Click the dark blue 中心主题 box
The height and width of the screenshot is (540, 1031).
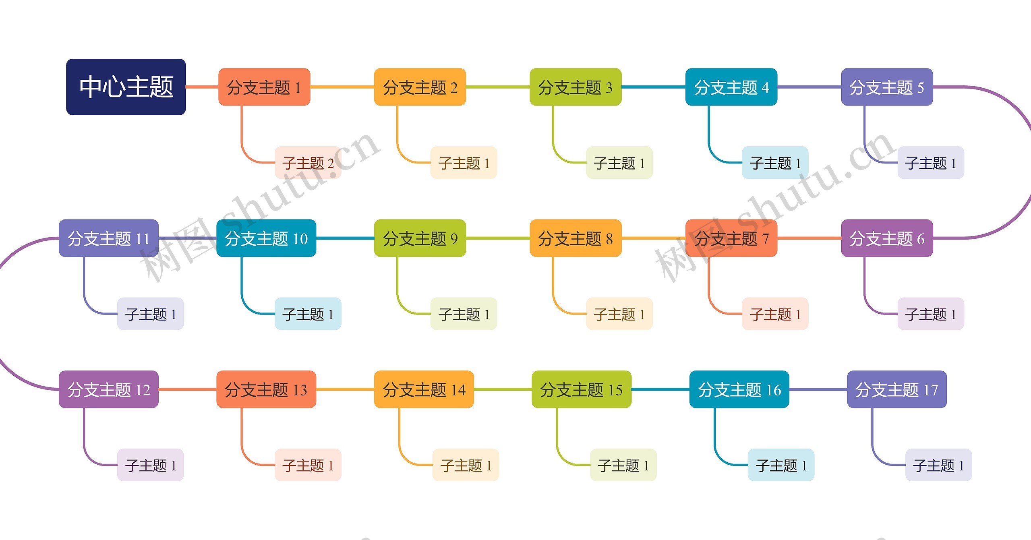pos(126,87)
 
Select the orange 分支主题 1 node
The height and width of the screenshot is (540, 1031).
pos(264,87)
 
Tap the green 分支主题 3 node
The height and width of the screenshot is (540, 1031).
pos(575,87)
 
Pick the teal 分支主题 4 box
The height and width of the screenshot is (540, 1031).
pos(731,87)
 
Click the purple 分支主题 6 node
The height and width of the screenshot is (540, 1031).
pos(887,238)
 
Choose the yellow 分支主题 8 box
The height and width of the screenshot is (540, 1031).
pos(575,238)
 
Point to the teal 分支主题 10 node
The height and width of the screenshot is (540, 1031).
pos(266,238)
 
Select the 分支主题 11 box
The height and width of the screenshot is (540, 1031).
pos(108,238)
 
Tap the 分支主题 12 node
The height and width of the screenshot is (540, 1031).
pos(108,389)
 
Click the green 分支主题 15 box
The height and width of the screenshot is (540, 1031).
pos(581,389)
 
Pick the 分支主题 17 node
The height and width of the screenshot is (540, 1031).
pos(896,389)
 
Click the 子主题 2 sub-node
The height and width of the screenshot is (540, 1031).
pos(308,163)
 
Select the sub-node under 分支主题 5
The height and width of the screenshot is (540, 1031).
pos(930,163)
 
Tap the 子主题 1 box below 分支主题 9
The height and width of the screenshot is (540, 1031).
pos(464,314)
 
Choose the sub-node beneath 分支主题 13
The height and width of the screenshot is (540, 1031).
pos(308,465)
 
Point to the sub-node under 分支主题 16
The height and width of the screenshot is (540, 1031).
pos(780,465)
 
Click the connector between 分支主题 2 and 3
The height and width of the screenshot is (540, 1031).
pos(498,87)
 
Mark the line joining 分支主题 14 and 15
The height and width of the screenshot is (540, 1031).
pos(503,389)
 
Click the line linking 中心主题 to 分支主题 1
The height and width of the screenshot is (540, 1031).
pos(202,87)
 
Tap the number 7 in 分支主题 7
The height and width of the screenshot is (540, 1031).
pos(765,239)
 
